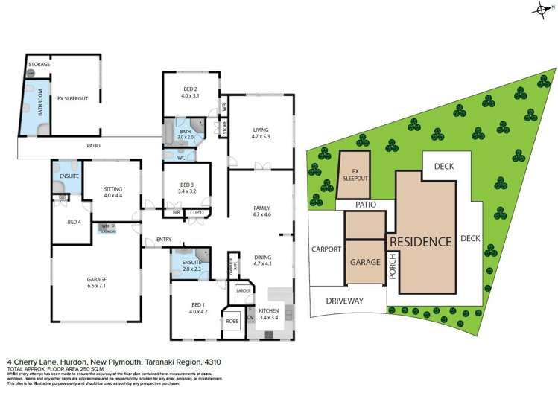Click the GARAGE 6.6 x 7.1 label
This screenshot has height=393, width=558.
coord(95,282)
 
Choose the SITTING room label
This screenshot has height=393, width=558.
coord(113,193)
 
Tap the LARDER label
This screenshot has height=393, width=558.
coord(243,290)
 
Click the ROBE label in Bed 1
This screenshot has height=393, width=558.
coord(232,321)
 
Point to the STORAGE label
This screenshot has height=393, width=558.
coord(39,65)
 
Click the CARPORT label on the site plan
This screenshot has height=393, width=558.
coord(326,249)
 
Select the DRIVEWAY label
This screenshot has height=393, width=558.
coord(343,301)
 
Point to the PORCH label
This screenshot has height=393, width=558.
coord(393,270)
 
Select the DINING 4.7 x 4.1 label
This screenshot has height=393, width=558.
coord(261,261)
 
